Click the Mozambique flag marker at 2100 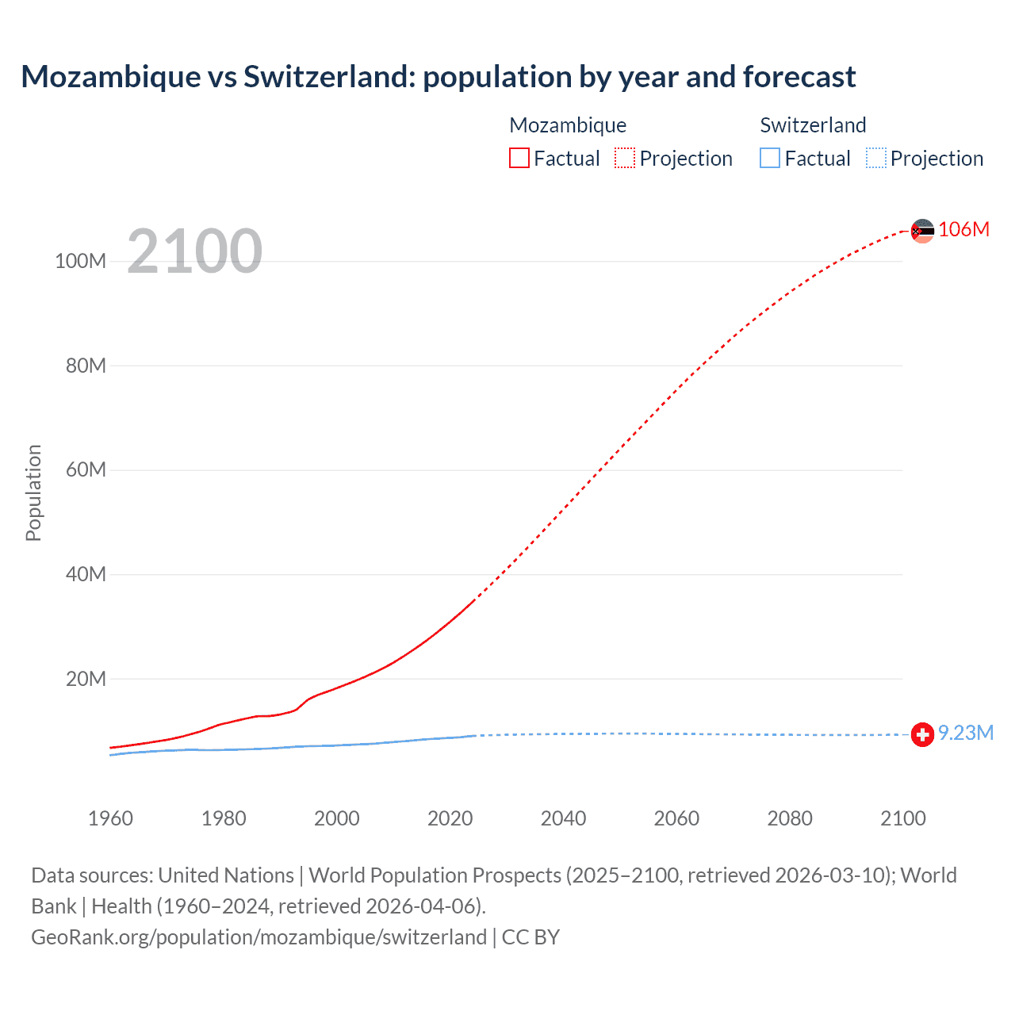(922, 231)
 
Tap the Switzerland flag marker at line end (922, 734)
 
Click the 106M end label (963, 229)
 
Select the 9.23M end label (965, 733)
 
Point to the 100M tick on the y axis (81, 261)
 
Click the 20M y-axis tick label (86, 679)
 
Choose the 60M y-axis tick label (86, 469)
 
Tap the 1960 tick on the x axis (110, 818)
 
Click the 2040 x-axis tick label (563, 818)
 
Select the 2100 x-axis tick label (902, 818)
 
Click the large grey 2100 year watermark (194, 251)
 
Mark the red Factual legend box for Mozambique (519, 158)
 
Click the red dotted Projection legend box (625, 158)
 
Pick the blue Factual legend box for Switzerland (770, 158)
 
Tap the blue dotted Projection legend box (876, 158)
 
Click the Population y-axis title (33, 492)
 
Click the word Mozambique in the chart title (111, 77)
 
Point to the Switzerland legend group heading (813, 125)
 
